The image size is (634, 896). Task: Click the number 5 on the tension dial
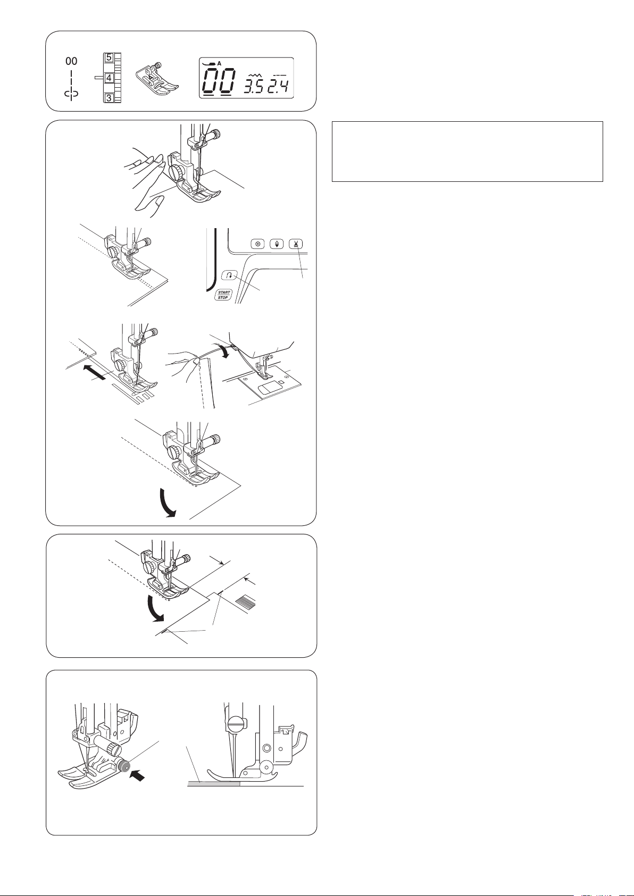(x=109, y=57)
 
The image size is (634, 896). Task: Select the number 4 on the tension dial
(x=109, y=78)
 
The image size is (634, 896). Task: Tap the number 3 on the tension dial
(x=109, y=97)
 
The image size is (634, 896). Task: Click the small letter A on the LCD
(x=219, y=64)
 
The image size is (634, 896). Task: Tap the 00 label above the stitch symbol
(x=71, y=61)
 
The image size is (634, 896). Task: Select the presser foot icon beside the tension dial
(x=157, y=78)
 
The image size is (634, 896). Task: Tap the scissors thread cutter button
(x=296, y=244)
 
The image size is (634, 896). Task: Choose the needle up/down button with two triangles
(x=277, y=244)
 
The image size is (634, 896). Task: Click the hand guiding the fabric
(x=147, y=180)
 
